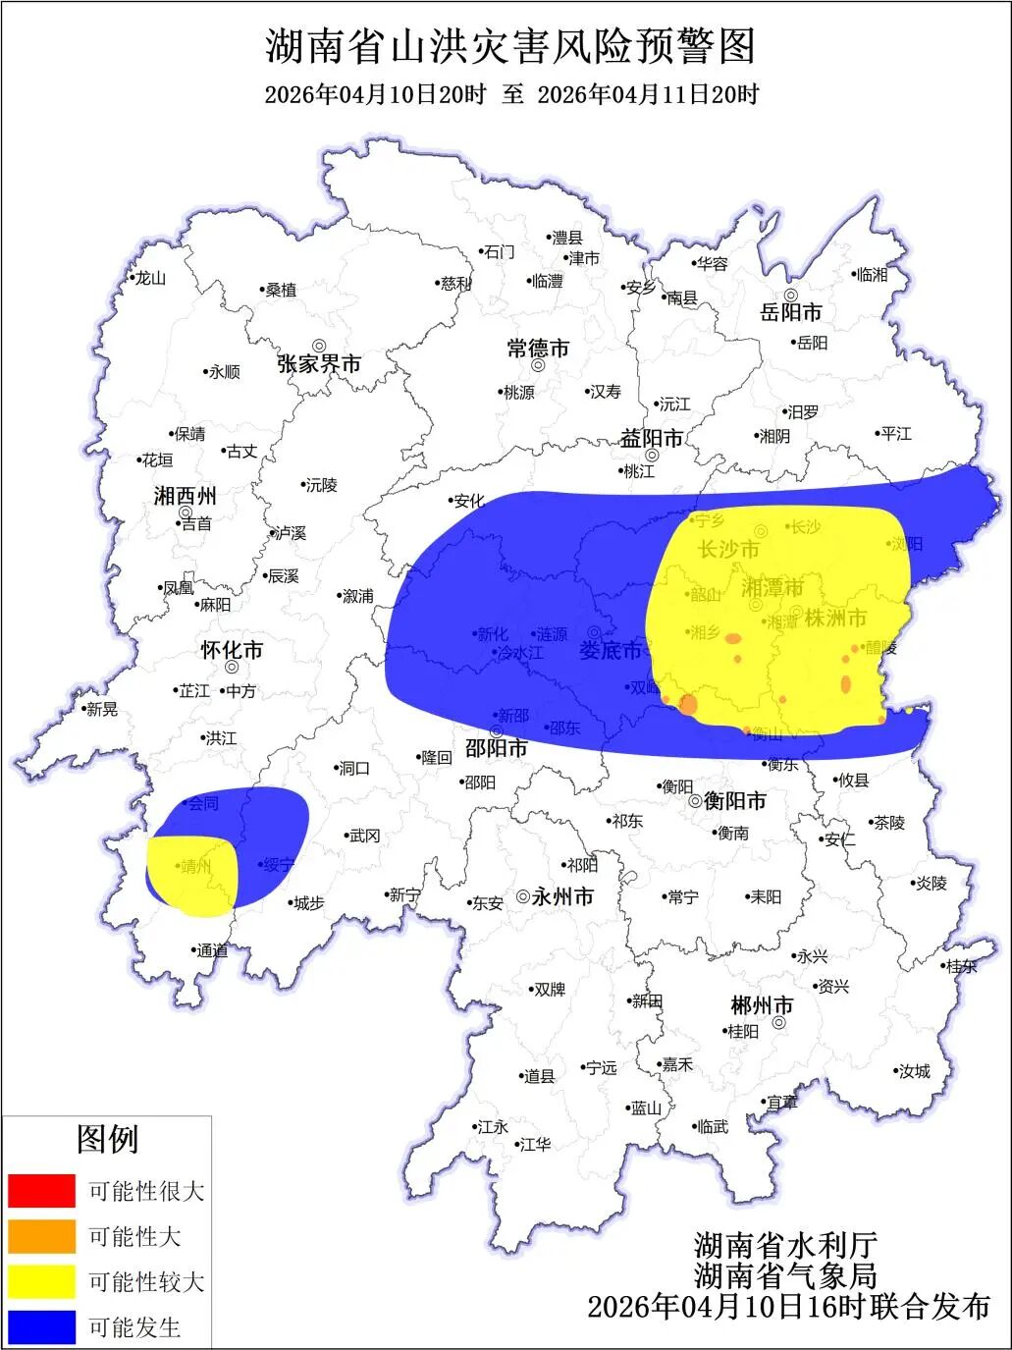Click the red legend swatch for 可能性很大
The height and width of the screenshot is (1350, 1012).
coord(41,1190)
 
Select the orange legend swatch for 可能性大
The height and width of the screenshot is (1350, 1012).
coord(41,1236)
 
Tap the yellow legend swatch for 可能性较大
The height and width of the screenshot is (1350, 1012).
coord(41,1281)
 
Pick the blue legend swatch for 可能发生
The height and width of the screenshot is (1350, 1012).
coord(41,1326)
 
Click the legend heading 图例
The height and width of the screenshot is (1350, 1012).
coord(107,1139)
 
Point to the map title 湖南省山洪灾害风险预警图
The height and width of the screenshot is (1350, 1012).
coord(510,46)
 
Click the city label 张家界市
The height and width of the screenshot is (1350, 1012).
coord(319,363)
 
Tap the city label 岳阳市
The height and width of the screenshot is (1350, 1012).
coord(791,313)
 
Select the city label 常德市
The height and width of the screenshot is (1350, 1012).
coord(538,349)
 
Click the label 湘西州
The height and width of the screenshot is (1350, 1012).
coord(186,496)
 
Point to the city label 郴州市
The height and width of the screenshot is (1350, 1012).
coord(762,1006)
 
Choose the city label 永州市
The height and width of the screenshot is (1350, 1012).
coord(563,896)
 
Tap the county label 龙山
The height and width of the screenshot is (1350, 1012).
coord(150,278)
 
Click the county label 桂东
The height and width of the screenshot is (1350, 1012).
coord(962,966)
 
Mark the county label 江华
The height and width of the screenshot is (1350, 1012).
coord(536,1144)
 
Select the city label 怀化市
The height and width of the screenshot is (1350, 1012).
coord(232,650)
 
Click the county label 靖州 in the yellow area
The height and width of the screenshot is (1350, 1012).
coord(196,866)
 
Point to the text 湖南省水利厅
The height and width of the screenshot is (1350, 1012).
coord(784,1245)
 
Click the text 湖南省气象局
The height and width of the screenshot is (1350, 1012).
coord(784,1275)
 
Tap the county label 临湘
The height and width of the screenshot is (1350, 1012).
coord(871,275)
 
